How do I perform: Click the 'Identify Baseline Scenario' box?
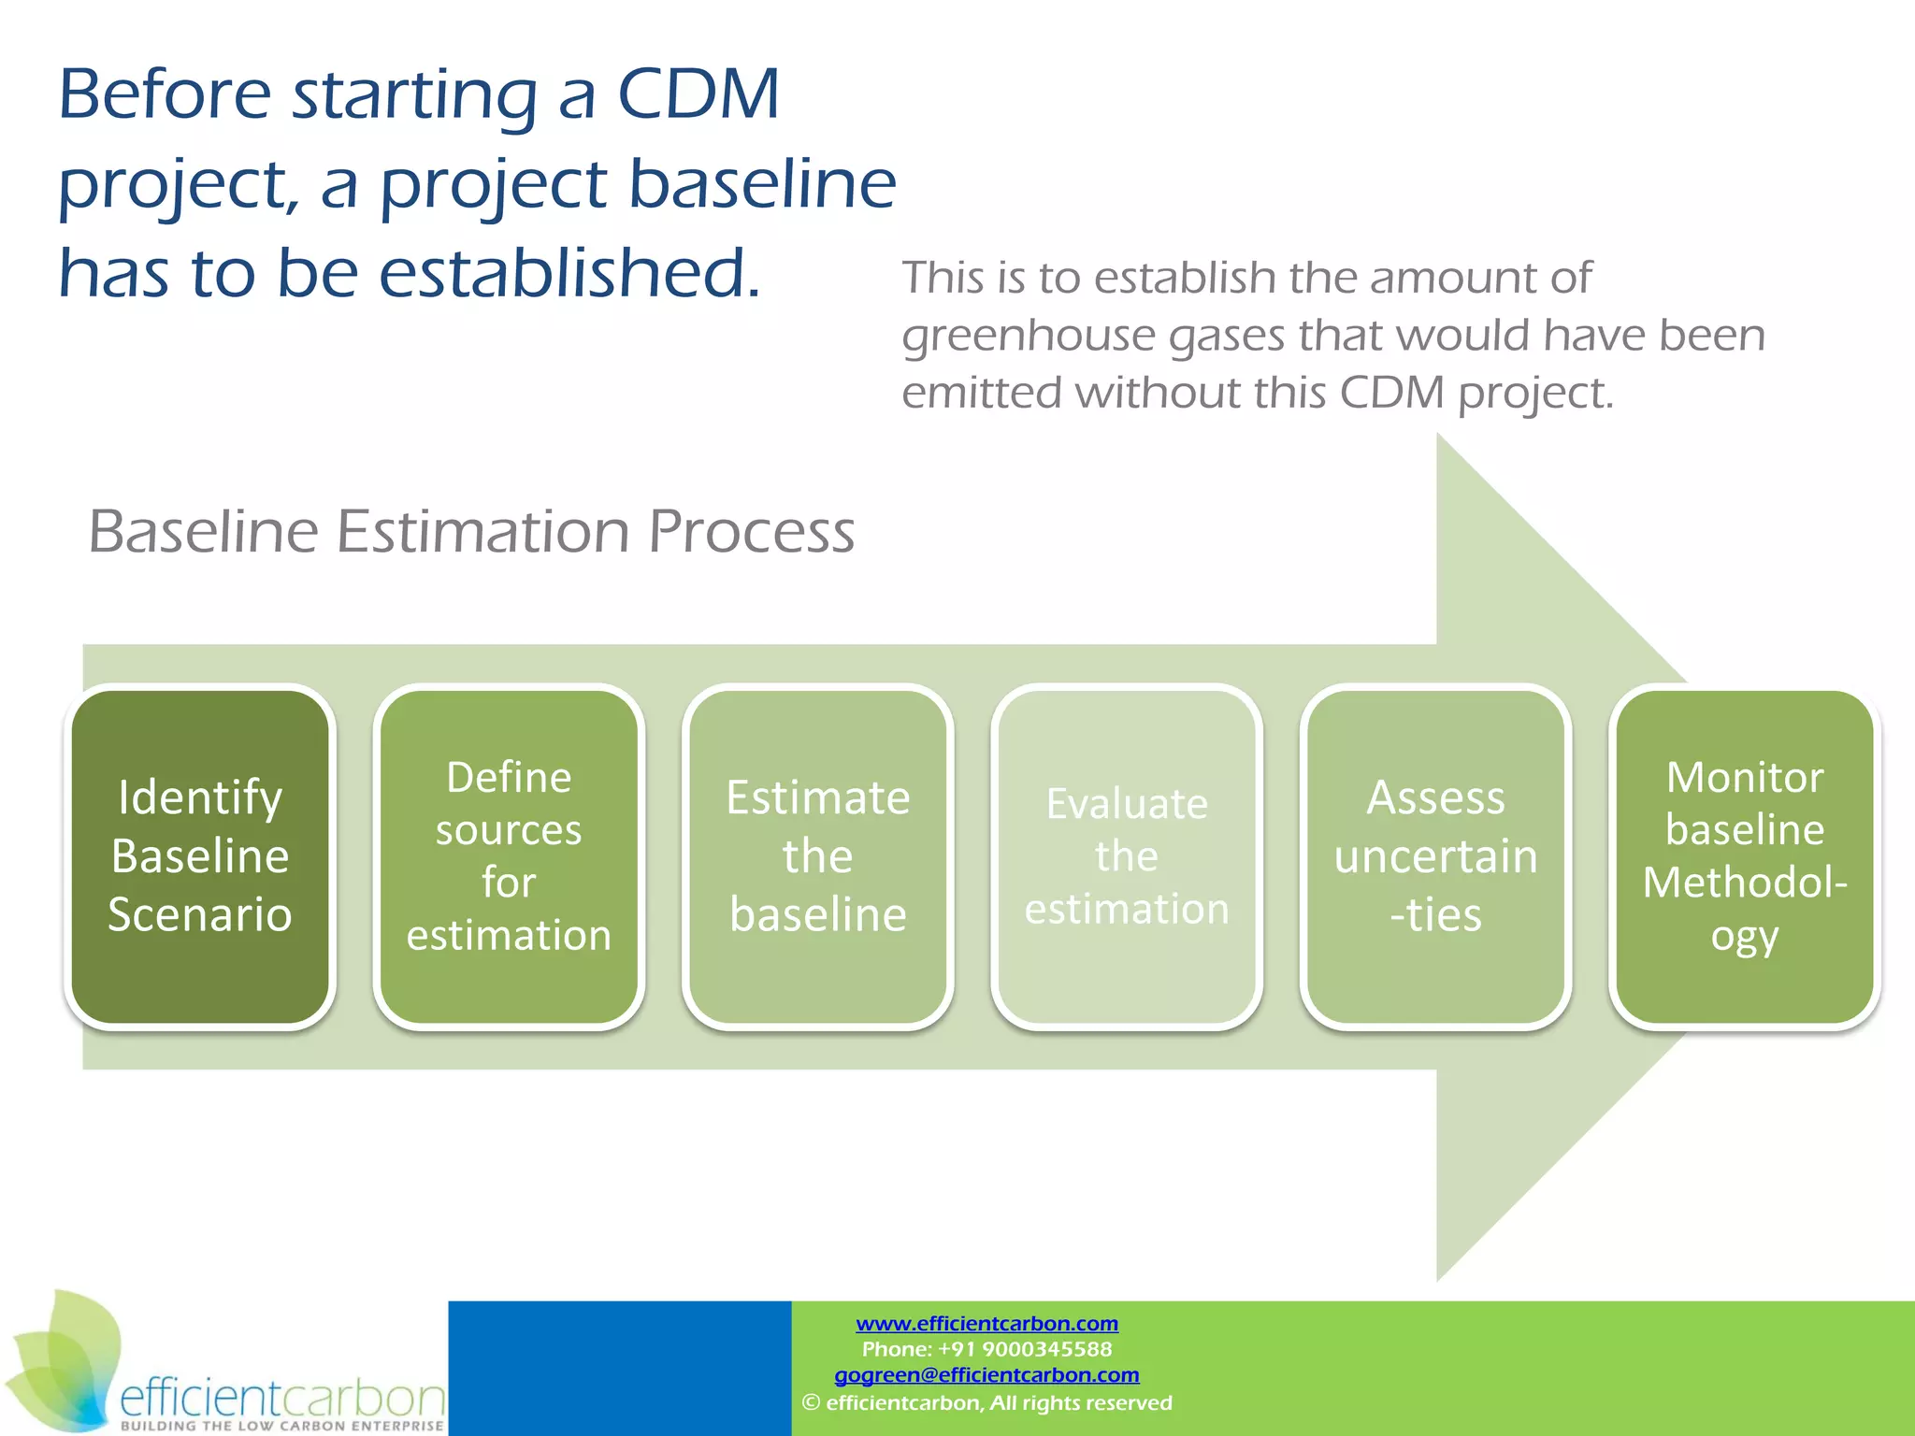click(199, 855)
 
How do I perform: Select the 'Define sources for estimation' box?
click(509, 855)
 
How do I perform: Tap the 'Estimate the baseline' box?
click(817, 855)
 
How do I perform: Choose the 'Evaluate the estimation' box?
click(1127, 855)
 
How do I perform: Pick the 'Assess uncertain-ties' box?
click(1435, 855)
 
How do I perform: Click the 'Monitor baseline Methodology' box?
click(1745, 855)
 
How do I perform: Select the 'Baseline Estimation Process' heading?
click(471, 532)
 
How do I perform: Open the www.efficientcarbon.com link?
click(986, 1324)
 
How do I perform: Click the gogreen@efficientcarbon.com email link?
click(986, 1375)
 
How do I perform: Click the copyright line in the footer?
click(986, 1402)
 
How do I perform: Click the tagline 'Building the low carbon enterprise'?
click(281, 1426)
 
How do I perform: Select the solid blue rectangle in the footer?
click(619, 1367)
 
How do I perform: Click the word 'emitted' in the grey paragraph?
click(981, 393)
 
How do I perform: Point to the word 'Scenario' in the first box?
click(199, 914)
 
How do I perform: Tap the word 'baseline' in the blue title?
click(761, 184)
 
